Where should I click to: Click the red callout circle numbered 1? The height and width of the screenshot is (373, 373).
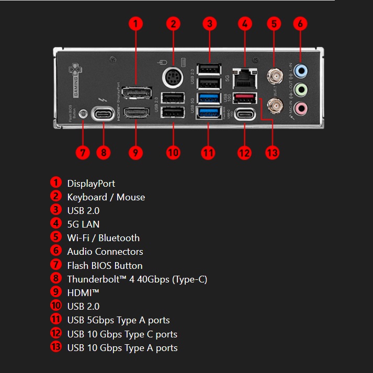[x=135, y=24]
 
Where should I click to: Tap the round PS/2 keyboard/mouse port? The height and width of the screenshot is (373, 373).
[x=173, y=79]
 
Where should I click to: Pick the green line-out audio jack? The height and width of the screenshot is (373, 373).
[x=300, y=89]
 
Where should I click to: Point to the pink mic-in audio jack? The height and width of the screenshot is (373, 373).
[x=300, y=108]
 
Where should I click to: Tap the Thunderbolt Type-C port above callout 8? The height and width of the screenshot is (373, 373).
[x=103, y=114]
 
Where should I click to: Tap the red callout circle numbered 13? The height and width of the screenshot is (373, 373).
[x=272, y=152]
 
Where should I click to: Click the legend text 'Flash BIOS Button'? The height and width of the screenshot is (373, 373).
[x=105, y=265]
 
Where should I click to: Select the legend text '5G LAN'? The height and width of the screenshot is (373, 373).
[x=83, y=224]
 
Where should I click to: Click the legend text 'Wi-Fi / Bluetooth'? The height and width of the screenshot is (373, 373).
[x=103, y=238]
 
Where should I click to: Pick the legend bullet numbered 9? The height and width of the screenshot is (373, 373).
[x=56, y=292]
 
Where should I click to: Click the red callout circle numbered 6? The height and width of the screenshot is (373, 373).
[x=300, y=24]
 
